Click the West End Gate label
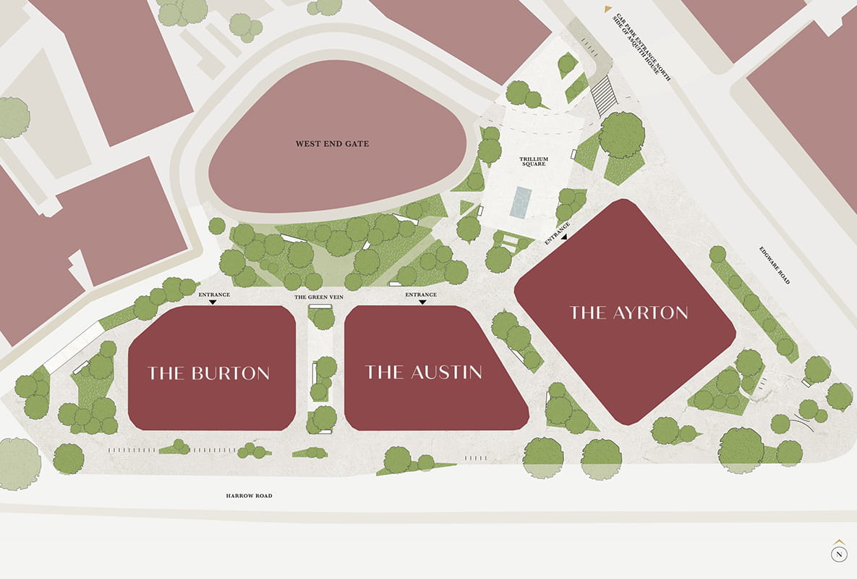(x=332, y=144)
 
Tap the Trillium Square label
(x=532, y=161)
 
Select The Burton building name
(x=209, y=373)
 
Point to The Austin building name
(x=424, y=372)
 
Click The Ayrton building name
(x=628, y=313)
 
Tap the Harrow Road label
(x=249, y=496)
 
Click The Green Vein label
(x=318, y=297)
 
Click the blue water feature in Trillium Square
(x=521, y=202)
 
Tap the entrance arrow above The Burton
(x=213, y=303)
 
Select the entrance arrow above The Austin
(x=422, y=303)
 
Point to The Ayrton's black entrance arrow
(x=564, y=235)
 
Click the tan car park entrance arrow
(x=607, y=9)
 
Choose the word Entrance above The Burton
(x=214, y=295)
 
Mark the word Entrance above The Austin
(x=421, y=295)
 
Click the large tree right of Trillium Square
(x=622, y=134)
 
